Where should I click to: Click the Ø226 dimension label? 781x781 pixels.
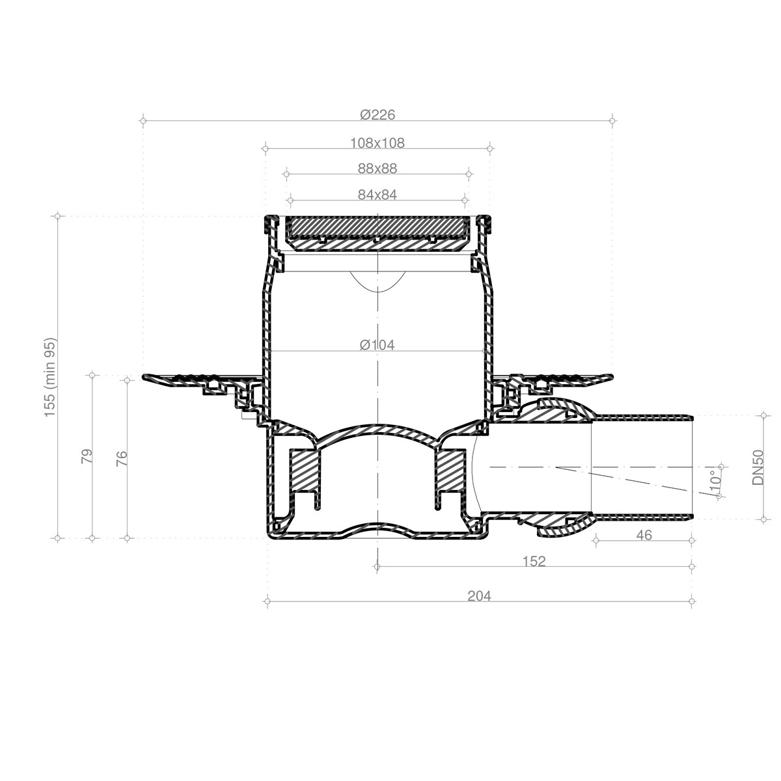click(377, 115)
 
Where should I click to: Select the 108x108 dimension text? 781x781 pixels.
click(377, 143)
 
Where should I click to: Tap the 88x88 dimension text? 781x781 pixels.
click(377, 169)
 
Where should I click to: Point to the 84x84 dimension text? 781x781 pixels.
click(377, 195)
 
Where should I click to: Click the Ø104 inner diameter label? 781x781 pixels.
click(377, 345)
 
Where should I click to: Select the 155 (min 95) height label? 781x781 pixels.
click(51, 377)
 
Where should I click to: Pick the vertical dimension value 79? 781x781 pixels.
click(87, 456)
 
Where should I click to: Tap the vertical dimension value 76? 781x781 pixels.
click(122, 458)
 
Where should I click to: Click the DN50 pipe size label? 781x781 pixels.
click(758, 467)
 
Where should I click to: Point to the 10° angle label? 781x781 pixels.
click(716, 482)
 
